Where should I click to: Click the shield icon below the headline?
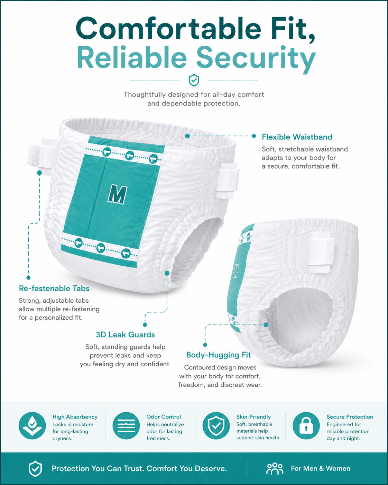194,80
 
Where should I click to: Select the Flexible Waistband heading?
297,137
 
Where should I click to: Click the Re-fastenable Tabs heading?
54,288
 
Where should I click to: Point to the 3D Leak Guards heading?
125,335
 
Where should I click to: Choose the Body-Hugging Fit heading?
218,355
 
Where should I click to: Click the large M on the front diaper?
117,194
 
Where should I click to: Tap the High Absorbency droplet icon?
32,426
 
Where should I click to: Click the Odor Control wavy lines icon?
126,426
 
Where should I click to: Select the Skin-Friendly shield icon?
216,426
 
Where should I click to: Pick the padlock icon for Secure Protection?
306,426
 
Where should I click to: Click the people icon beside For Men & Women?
275,469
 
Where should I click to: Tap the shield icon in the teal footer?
35,469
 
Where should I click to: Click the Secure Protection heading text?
350,417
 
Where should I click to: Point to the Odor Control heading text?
164,417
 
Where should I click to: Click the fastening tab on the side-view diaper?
322,252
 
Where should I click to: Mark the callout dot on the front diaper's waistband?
187,136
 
